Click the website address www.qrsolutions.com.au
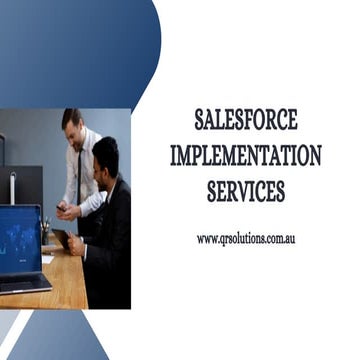(246, 239)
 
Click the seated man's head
(105, 157)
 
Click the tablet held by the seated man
(61, 240)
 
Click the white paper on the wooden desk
(47, 259)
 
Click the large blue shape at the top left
(70, 50)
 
